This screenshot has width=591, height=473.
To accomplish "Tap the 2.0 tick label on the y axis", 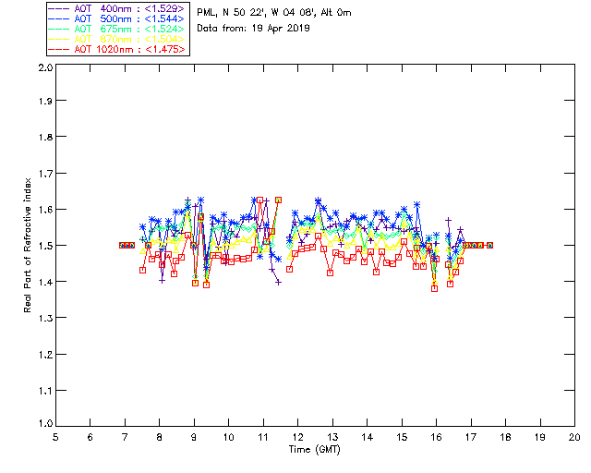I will tap(44, 68).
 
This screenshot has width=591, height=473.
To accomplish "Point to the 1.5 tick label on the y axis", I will tap(44, 246).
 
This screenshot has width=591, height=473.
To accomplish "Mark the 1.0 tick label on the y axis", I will tap(44, 424).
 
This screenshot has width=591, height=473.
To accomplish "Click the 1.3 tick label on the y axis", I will tap(44, 318).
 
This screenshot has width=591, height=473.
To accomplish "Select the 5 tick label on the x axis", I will tap(55, 437).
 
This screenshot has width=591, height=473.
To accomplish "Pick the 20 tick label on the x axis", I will tap(574, 437).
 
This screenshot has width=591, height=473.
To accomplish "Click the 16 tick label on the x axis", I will tap(436, 437).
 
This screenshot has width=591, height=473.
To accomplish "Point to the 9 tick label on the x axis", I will tap(194, 437).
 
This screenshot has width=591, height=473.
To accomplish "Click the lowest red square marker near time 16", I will tap(434, 288).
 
